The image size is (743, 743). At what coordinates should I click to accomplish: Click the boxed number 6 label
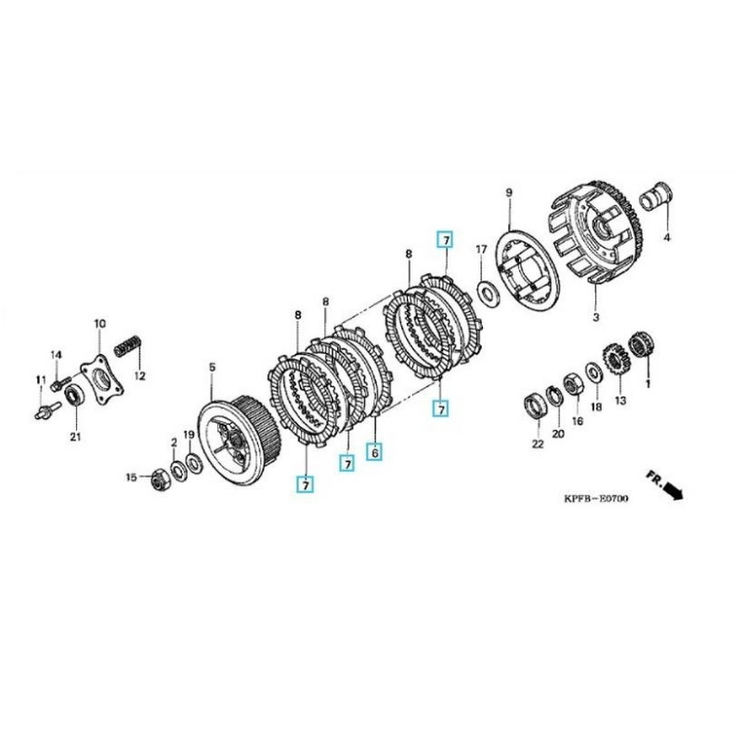click(375, 452)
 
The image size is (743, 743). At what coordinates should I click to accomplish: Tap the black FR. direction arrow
click(672, 489)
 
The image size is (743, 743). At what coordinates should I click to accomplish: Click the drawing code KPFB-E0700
click(595, 500)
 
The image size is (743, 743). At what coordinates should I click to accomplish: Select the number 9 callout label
click(509, 193)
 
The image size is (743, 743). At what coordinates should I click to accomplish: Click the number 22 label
click(538, 444)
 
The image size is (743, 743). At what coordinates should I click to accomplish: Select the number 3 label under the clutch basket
click(595, 317)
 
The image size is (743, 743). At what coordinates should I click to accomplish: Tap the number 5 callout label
click(211, 367)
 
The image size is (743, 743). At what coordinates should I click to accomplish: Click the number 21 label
click(74, 437)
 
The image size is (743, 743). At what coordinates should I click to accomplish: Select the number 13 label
click(619, 400)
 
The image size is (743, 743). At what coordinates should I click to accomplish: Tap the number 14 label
click(56, 356)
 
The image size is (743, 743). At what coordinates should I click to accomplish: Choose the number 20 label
click(557, 435)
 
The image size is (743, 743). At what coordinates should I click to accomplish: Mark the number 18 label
click(595, 406)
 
